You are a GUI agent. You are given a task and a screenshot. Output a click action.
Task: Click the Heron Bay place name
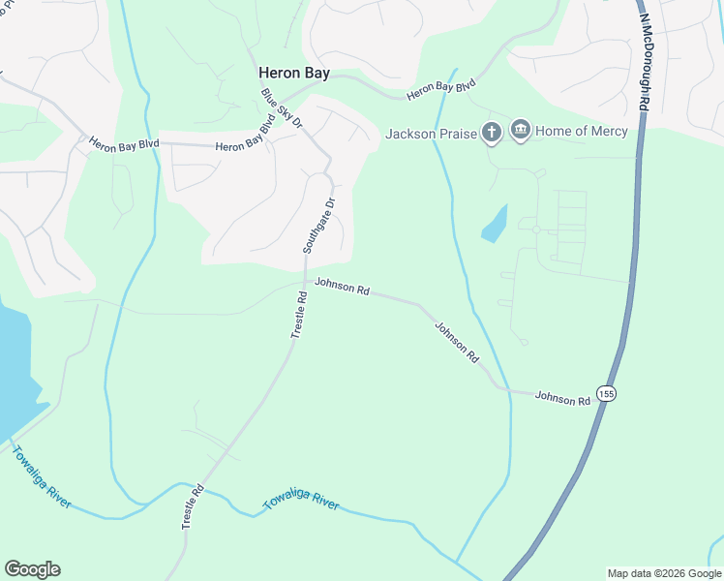pos(292,72)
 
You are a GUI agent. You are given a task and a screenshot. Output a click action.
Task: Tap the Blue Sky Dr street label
pos(282,109)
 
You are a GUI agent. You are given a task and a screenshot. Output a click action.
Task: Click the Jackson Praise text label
pos(432,134)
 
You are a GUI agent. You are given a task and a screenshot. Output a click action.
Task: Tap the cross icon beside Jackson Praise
pos(492,132)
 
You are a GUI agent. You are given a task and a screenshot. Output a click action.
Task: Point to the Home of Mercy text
pos(582,131)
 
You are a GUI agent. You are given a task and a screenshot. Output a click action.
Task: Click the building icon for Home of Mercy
pos(521,131)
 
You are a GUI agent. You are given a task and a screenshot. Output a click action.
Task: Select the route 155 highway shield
pos(606,393)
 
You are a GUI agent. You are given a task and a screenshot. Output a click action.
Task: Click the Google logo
pos(32,569)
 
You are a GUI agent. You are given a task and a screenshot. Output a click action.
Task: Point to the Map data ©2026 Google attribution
pos(663,573)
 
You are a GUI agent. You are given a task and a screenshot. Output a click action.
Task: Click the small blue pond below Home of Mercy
pos(495,225)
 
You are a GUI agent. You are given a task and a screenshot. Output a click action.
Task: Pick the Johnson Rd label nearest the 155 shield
pos(562,397)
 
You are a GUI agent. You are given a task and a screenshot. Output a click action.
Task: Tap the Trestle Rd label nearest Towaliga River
pos(194,505)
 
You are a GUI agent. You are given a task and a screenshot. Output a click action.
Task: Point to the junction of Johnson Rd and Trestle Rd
pos(305,282)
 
